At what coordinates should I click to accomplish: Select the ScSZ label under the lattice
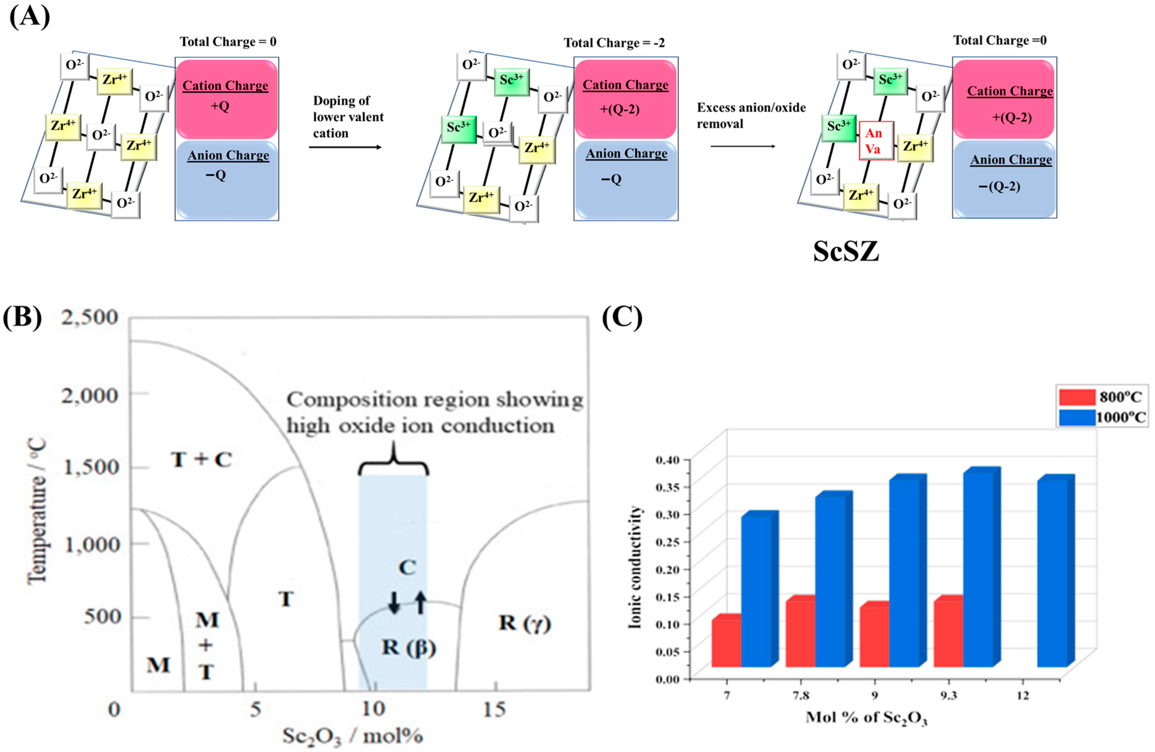846,252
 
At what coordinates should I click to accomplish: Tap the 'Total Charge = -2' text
614,43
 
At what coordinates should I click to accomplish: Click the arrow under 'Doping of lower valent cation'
345,147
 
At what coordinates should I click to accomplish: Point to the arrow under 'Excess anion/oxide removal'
742,146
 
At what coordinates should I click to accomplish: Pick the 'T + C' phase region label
201,459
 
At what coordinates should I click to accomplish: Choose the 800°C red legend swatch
1077,397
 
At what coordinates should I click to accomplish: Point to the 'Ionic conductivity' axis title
635,568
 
